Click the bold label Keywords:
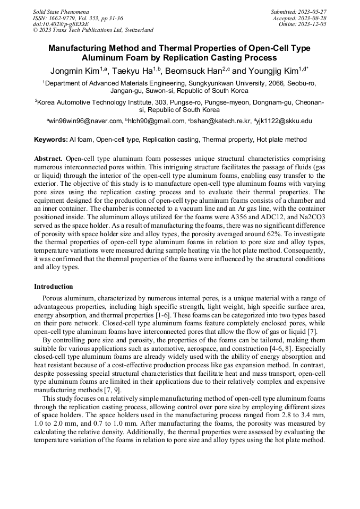pyautogui.click(x=51, y=140)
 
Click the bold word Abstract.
pyautogui.click(x=49, y=159)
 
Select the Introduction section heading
pyautogui.click(x=54, y=286)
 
